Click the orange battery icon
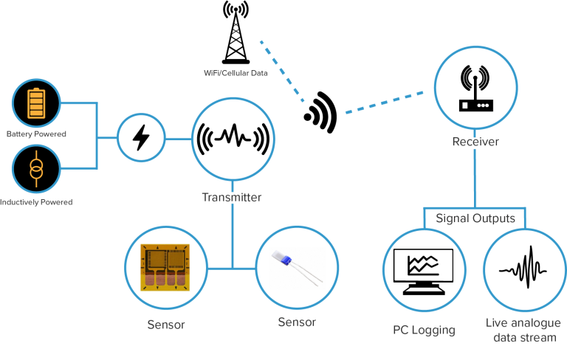coord(35,104)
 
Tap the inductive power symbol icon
coord(36,169)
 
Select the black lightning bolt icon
coord(142,137)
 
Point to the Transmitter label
coord(232,198)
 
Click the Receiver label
coord(475,142)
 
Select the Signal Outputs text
coord(475,218)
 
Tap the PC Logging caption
coord(424,330)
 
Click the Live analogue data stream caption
coord(523,330)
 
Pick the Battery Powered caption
coord(36,134)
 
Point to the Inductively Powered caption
coord(36,202)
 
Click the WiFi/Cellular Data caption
coord(236,73)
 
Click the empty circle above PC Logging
coord(424,270)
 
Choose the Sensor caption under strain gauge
coord(166,325)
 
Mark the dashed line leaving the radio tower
coord(281,71)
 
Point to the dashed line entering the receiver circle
coord(384,103)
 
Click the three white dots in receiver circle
coord(483,105)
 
